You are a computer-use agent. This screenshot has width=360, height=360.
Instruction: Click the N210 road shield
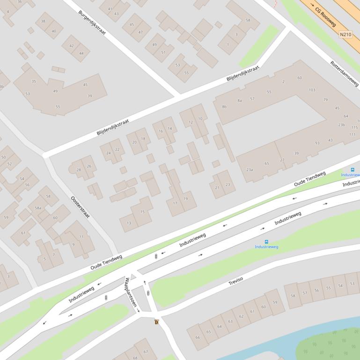pos(345,34)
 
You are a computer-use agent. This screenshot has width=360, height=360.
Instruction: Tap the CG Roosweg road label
pos(325,16)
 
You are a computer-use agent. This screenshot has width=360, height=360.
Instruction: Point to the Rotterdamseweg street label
pos(344,73)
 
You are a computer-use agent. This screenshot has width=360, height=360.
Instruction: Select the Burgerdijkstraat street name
pos(92,22)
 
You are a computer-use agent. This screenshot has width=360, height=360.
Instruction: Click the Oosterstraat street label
pos(80,207)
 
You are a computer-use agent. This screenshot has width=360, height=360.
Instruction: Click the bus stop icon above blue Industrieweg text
pos(266,242)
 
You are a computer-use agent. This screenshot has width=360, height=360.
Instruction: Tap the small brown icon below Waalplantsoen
pos(156,322)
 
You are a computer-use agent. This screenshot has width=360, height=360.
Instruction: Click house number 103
pos(312,90)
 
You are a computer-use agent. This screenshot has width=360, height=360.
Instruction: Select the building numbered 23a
pos(250,170)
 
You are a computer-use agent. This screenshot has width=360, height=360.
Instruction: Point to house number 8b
pos(224,107)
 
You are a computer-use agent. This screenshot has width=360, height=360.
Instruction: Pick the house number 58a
pos(38,208)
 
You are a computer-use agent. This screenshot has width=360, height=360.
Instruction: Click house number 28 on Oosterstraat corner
pos(79,170)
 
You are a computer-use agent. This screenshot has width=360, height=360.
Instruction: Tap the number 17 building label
pos(175,203)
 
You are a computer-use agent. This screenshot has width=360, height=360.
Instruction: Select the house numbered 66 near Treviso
pos(198,337)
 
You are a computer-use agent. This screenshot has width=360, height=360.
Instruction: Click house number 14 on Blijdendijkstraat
pos(170,128)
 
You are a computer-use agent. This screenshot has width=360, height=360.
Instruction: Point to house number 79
pos(325,100)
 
